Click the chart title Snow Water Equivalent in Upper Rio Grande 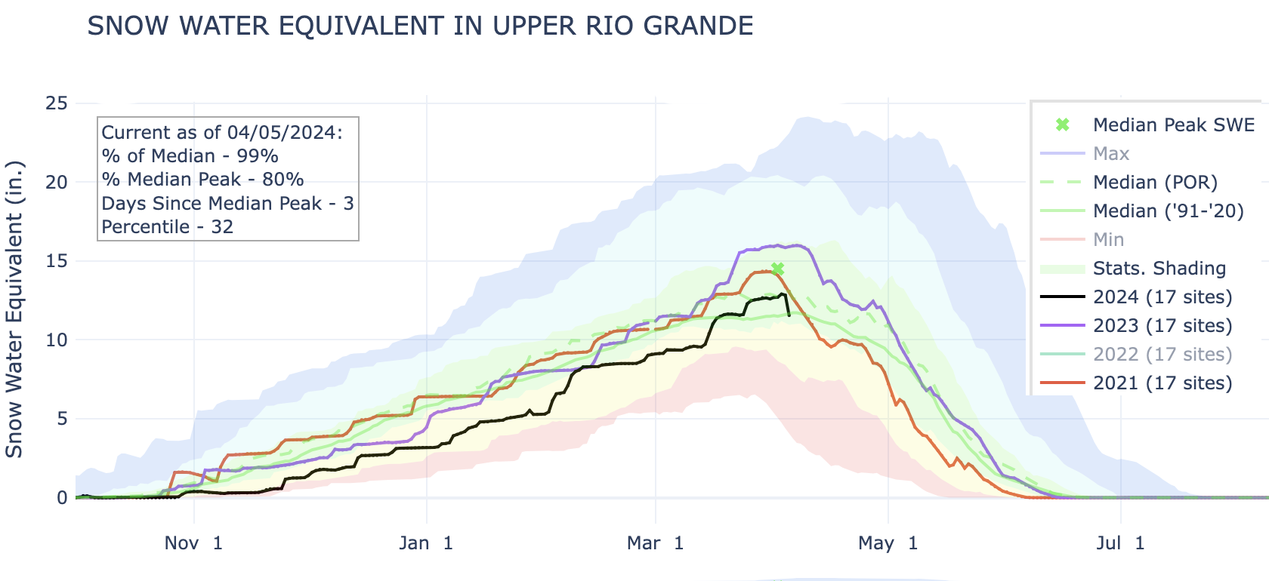420,26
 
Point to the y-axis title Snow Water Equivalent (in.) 15,309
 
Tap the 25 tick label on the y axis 56,103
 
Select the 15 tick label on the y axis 56,261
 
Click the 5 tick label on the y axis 61,419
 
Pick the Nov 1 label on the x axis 193,543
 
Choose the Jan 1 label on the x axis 426,543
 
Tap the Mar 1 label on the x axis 655,543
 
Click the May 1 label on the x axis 888,543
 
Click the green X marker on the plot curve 777,269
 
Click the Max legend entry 1110,154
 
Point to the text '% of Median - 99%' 190,156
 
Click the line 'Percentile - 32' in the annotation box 167,227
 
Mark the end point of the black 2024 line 789,315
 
